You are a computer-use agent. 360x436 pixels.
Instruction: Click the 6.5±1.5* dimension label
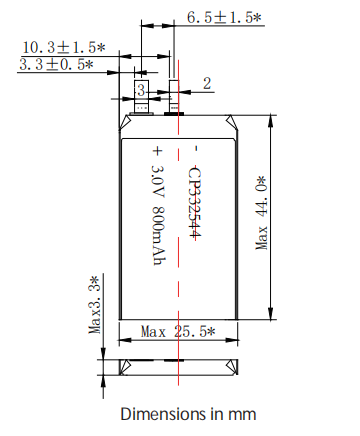pos(224,17)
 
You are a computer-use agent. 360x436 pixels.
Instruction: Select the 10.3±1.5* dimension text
pos(64,47)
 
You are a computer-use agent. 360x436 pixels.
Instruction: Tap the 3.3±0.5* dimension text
pos(56,64)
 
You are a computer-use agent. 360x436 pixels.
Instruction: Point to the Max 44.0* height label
pos(262,213)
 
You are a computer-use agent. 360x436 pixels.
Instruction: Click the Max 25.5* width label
pos(178,332)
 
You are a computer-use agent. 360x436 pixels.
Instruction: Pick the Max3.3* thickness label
pos(95,305)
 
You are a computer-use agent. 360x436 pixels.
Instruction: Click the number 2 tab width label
pos(207,83)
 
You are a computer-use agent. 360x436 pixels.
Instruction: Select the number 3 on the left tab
pos(141,90)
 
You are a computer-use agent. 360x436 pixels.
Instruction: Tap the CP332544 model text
pos(195,202)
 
